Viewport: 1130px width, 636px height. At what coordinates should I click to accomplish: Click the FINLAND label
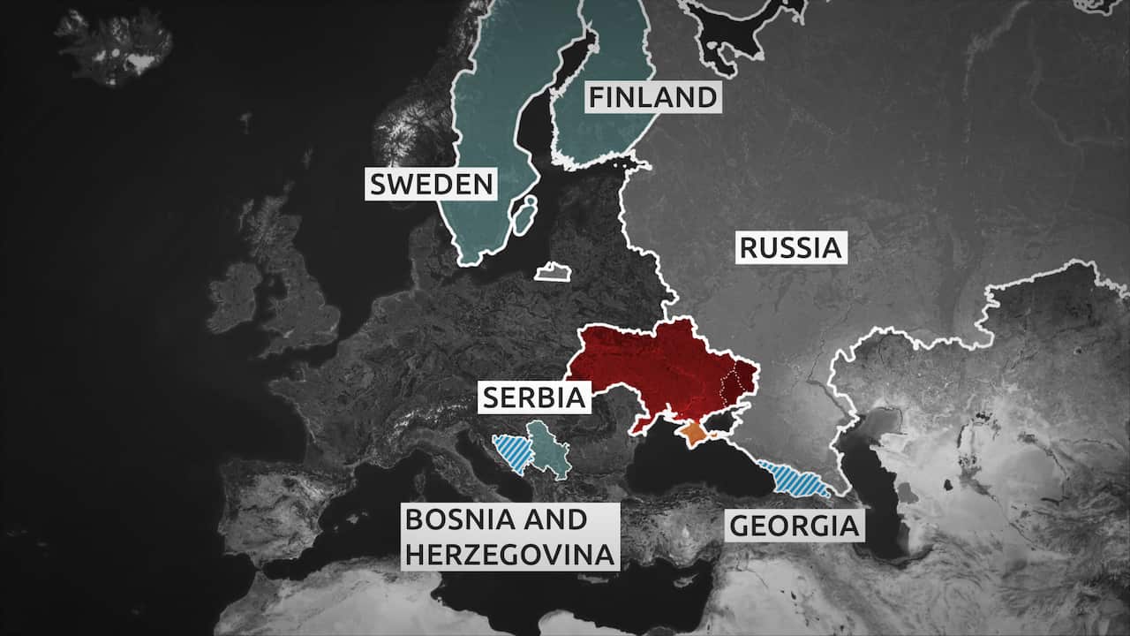(x=652, y=96)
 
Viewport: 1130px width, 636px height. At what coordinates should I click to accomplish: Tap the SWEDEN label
(x=431, y=185)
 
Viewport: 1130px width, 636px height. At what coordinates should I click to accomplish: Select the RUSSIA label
(x=790, y=247)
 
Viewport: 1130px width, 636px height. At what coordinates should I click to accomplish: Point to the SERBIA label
(x=533, y=397)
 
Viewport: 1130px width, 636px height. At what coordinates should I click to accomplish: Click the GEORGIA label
(x=794, y=526)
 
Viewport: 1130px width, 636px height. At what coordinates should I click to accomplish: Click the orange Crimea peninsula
(x=695, y=433)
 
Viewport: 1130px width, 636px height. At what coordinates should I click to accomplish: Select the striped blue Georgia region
(x=795, y=480)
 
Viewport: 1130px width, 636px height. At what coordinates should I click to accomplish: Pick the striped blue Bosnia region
(x=512, y=452)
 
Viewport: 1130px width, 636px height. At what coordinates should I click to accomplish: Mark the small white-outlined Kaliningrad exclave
(x=552, y=273)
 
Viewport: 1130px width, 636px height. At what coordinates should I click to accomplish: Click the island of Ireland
(x=234, y=296)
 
